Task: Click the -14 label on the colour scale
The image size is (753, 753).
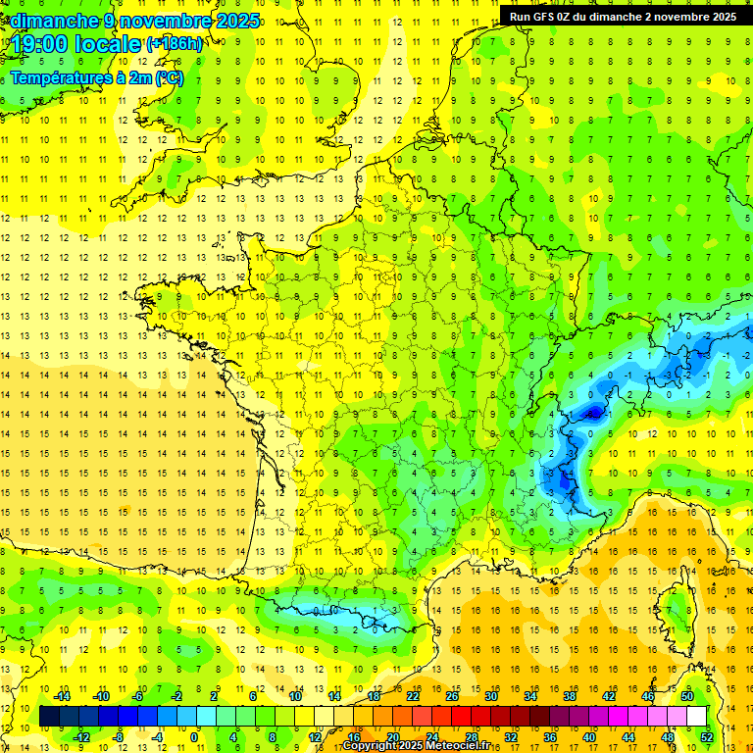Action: click(62, 696)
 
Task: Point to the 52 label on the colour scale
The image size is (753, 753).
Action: click(707, 737)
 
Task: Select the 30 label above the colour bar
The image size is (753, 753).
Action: click(490, 696)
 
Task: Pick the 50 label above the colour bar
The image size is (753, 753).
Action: click(686, 696)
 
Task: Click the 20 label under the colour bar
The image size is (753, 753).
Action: click(393, 737)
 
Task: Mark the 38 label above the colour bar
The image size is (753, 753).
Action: click(569, 696)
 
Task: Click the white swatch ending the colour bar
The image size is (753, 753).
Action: click(696, 717)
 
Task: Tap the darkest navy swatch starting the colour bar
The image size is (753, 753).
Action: click(49, 717)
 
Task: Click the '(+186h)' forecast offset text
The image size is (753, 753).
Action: click(175, 44)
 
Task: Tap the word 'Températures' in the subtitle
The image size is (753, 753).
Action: click(59, 77)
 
